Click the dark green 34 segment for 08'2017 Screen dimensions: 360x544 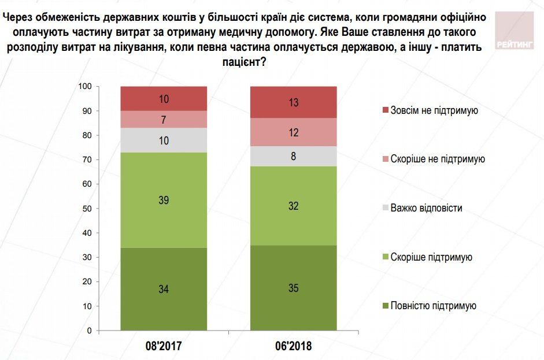pos(164,289)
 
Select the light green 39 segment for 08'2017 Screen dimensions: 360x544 pos(164,200)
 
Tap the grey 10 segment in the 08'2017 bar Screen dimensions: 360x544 pos(164,140)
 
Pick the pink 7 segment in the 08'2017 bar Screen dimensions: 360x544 pos(164,119)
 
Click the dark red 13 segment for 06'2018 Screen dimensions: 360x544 pos(293,102)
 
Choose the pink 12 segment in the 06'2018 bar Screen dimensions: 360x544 pos(293,132)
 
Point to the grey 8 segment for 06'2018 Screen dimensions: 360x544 pos(293,156)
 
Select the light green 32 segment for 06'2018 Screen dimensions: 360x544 pos(293,205)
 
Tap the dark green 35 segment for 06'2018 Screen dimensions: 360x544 pos(293,288)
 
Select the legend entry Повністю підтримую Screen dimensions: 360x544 pos(433,306)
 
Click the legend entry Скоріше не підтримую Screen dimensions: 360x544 pos(437,159)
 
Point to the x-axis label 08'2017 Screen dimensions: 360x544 pos(164,347)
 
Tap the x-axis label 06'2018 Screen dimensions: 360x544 pos(293,347)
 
